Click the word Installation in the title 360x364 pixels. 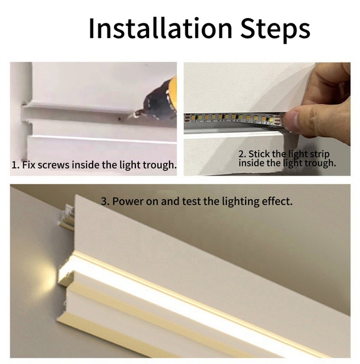click(160, 28)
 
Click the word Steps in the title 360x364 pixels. click(275, 30)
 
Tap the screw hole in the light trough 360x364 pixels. click(120, 119)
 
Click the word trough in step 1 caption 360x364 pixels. click(159, 166)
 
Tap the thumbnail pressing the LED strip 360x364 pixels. click(291, 118)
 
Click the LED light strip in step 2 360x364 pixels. click(234, 118)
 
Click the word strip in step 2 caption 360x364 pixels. click(320, 155)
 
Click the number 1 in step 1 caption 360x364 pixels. click(14, 166)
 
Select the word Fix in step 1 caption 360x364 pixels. click(28, 165)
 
